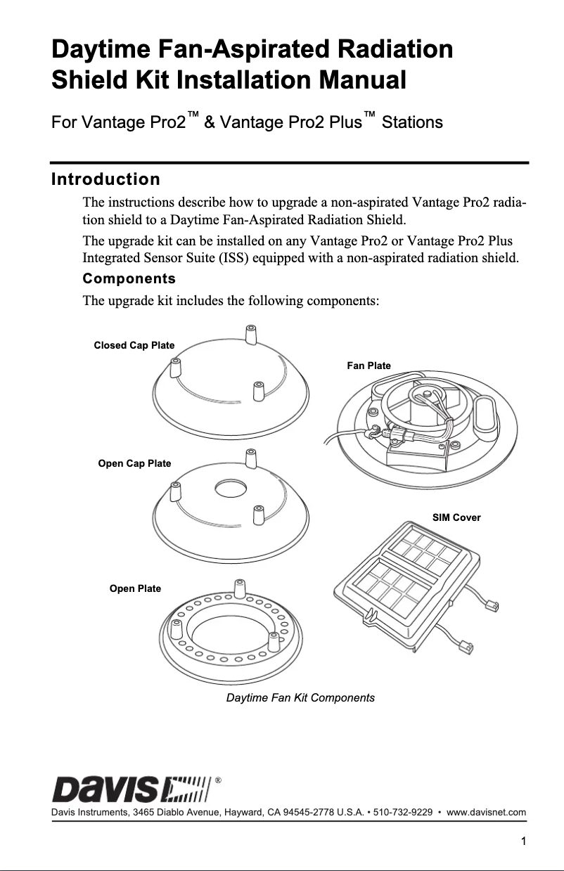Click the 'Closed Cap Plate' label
(x=134, y=345)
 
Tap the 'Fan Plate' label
(x=368, y=366)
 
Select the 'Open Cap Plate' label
(x=134, y=463)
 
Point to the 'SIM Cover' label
(x=456, y=517)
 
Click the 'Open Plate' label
(x=135, y=588)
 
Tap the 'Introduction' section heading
(x=105, y=179)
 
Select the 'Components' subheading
(x=129, y=278)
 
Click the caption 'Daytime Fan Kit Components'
(x=300, y=698)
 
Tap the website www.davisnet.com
(x=487, y=814)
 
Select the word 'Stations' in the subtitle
(x=412, y=122)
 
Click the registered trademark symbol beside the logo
(x=219, y=780)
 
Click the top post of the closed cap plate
(x=250, y=332)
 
